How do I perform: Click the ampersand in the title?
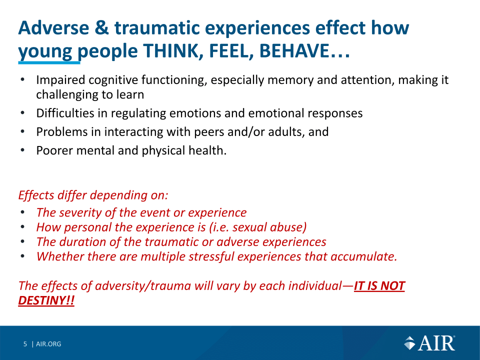coord(101,28)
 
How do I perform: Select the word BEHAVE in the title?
coord(294,51)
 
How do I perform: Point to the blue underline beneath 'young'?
coord(49,62)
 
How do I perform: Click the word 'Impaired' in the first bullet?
coord(60,80)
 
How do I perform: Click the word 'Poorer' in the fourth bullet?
coord(54,150)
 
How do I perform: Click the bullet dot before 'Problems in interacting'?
coord(22,132)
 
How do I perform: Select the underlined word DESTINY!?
coord(46,300)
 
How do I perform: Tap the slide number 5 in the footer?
coord(25,344)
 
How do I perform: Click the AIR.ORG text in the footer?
coord(48,344)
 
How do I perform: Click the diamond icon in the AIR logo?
coord(409,343)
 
